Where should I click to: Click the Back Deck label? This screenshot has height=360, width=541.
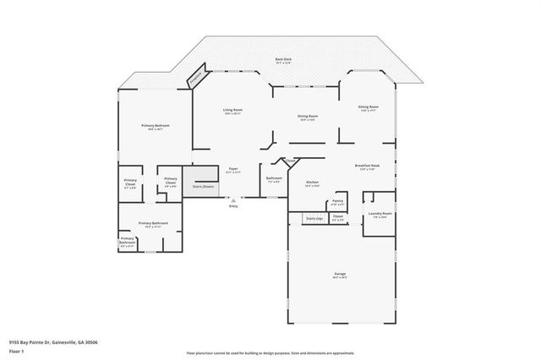(x=282, y=60)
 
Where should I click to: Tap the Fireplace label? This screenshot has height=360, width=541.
(x=195, y=77)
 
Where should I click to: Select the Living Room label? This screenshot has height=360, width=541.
(x=233, y=112)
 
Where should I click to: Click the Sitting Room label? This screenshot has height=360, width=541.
(x=368, y=108)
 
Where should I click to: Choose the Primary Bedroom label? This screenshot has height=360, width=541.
(x=156, y=127)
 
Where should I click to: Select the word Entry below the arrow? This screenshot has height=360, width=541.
(x=234, y=206)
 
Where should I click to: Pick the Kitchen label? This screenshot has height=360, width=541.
(x=312, y=183)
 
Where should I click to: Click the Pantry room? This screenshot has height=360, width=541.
(x=337, y=203)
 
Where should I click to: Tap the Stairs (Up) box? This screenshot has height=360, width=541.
(x=314, y=218)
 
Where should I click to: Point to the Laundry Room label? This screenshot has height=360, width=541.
(x=380, y=215)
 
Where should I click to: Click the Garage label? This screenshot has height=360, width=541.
(x=340, y=276)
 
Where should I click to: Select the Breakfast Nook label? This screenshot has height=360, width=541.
(x=368, y=167)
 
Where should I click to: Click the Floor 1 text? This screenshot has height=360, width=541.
(x=17, y=351)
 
